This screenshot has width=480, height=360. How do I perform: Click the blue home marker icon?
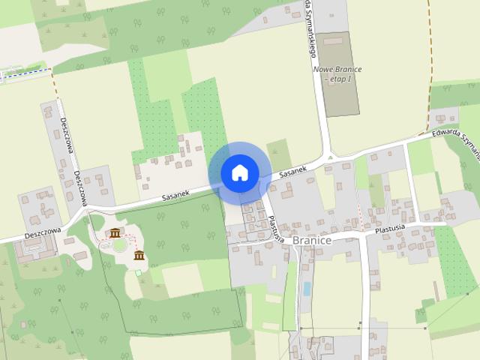point(239,172)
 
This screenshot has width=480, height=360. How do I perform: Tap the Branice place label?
point(312,240)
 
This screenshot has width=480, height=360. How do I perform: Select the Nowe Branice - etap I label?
point(337,74)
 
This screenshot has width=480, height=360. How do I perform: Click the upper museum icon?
point(115,233)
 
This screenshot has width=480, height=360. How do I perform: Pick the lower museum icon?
point(139,256)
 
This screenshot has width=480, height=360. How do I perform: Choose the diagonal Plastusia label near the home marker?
point(274,228)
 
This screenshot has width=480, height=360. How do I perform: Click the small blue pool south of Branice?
point(306,289)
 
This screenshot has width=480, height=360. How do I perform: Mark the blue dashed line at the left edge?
point(26,71)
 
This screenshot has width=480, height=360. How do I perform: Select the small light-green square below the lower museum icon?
point(139,272)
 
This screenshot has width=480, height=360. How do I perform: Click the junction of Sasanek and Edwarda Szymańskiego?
point(328,158)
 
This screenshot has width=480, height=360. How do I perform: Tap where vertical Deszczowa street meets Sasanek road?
point(88,209)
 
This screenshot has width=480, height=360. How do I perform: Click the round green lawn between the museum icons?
point(120,245)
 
